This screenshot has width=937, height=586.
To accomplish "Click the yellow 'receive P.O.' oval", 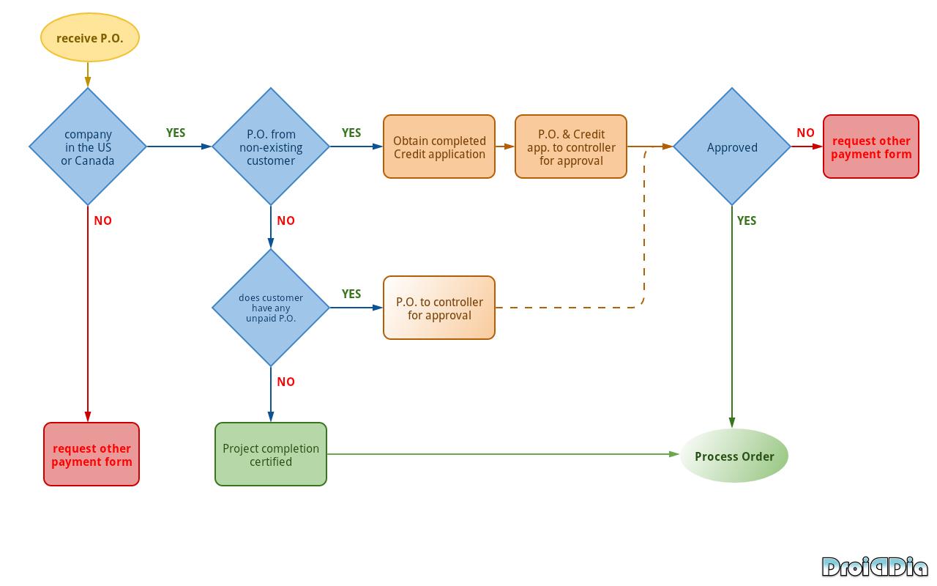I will [x=89, y=37].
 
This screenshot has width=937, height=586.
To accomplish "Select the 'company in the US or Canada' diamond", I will [x=88, y=146].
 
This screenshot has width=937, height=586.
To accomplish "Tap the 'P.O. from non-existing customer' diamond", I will [x=271, y=146].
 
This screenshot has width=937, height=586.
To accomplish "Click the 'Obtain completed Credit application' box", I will [x=439, y=146].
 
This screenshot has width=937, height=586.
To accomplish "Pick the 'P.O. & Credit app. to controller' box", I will [x=571, y=146].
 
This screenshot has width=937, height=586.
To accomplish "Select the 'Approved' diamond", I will [x=732, y=146].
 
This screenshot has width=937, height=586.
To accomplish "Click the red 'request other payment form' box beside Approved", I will [x=871, y=146].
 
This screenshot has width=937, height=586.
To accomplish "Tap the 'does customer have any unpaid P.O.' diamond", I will [x=271, y=308].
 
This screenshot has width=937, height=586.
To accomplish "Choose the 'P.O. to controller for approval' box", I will [x=439, y=308].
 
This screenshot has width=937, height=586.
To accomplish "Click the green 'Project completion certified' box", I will [x=271, y=454].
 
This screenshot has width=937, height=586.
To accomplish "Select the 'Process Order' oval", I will [x=734, y=456].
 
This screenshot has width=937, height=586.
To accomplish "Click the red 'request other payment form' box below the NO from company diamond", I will [x=92, y=454].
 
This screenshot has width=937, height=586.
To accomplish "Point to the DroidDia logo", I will [x=874, y=567].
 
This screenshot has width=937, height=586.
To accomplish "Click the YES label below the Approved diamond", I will [x=747, y=220].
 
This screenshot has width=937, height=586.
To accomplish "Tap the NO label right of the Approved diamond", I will [x=805, y=133].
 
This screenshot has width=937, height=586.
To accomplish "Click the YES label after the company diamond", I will [x=176, y=133].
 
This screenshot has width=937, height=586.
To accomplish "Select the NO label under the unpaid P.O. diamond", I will [x=285, y=382].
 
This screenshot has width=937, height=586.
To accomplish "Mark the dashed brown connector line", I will [x=644, y=234].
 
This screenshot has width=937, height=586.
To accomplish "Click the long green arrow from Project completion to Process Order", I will [x=505, y=454].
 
